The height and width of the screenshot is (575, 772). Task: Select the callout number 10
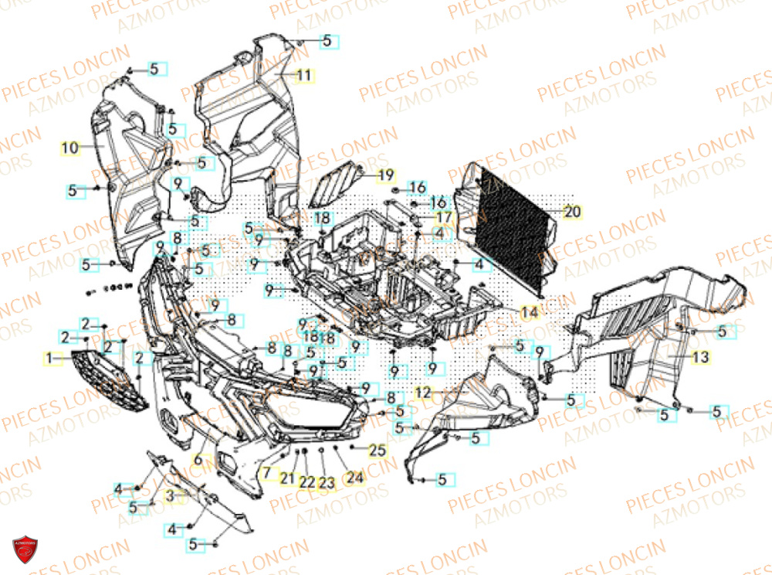click(70, 147)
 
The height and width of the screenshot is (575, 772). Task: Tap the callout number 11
click(303, 75)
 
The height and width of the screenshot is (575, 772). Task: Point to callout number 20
click(571, 211)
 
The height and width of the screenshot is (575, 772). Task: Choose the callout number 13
click(700, 357)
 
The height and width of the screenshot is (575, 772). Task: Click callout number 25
click(377, 450)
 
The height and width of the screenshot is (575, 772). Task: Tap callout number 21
click(287, 479)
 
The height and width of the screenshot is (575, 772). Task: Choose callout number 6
click(198, 460)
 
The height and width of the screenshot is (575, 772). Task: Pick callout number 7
click(266, 471)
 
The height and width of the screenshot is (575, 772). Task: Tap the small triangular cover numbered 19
click(337, 185)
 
